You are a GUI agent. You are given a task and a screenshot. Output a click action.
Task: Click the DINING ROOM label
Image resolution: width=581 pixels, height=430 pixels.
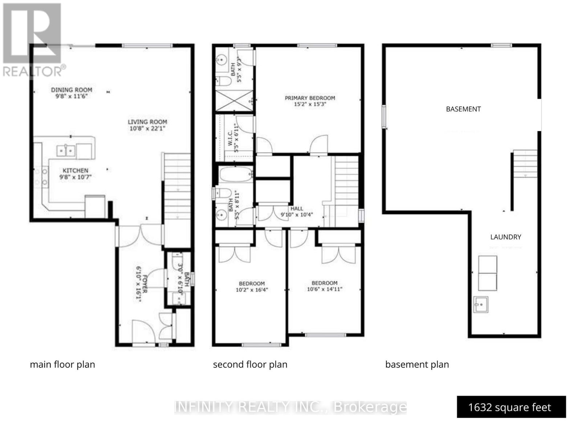click(72, 90)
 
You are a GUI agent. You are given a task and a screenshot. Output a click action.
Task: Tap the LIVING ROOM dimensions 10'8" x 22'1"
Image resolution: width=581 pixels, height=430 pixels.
click(147, 129)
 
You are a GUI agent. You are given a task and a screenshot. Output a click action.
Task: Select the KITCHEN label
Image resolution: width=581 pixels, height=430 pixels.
click(76, 170)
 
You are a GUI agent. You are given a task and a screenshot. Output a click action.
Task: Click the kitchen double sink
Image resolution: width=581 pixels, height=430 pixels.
click(66, 150)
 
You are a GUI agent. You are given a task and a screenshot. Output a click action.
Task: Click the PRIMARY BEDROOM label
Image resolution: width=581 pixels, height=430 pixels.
click(310, 98)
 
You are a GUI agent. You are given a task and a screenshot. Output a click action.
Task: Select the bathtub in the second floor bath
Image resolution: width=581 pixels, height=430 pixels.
click(236, 174)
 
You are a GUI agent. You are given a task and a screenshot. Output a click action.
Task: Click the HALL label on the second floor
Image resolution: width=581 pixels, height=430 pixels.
click(297, 208)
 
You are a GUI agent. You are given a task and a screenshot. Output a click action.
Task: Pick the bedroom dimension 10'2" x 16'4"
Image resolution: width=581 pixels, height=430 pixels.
click(252, 290)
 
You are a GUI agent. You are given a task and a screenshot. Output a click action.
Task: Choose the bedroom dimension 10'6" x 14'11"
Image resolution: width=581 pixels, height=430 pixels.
click(324, 289)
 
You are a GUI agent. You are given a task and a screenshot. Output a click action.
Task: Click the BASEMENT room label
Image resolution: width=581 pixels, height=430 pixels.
click(463, 109)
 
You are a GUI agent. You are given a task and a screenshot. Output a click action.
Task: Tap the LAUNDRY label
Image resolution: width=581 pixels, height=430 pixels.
click(505, 237)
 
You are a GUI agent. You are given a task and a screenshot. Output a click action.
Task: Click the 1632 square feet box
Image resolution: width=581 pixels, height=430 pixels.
click(511, 407)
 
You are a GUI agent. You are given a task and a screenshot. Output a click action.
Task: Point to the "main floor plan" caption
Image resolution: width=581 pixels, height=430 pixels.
click(62, 365)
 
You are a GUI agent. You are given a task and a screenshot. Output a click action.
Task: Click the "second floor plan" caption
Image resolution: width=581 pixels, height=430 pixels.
click(250, 365)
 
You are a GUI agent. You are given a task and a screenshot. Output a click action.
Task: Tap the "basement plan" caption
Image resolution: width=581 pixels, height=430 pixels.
click(417, 365)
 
